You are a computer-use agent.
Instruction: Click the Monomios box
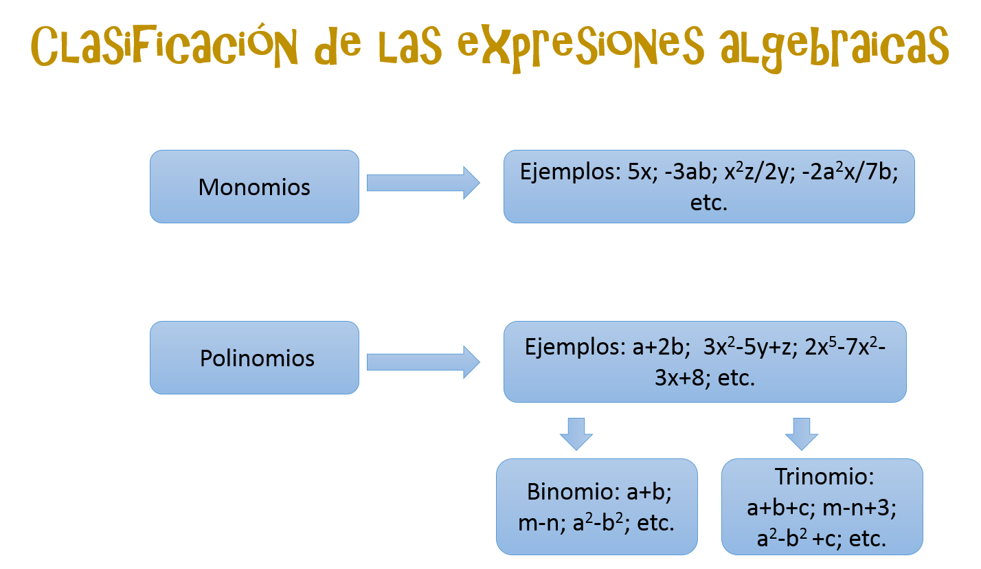point(254,187)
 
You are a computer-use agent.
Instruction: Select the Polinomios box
point(254,358)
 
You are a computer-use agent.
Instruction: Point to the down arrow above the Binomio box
point(576,433)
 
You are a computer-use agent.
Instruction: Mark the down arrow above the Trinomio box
point(802,433)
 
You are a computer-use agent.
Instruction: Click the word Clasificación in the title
point(165,47)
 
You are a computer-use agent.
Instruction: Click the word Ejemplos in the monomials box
point(570,172)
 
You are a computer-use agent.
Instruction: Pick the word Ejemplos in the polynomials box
point(574,346)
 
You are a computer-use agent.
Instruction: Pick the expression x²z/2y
point(747,172)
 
